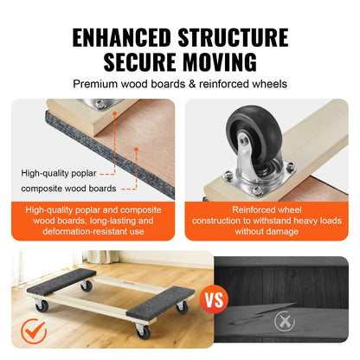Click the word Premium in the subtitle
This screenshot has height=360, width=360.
click(99, 84)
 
